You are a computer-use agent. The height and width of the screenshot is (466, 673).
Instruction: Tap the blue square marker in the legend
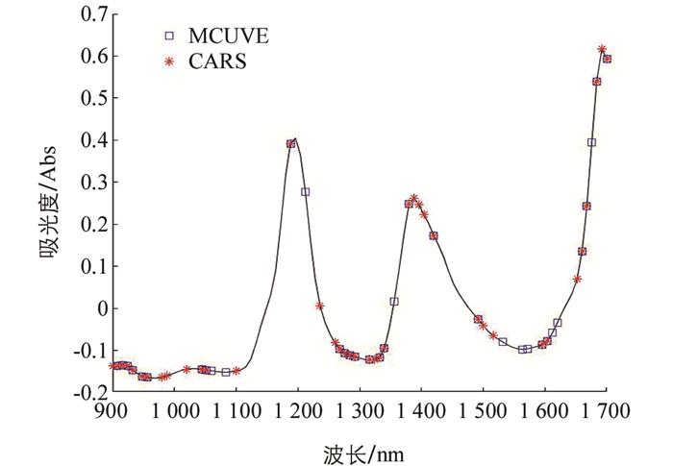(169, 37)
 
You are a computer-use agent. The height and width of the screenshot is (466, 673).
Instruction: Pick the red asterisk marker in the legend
(169, 61)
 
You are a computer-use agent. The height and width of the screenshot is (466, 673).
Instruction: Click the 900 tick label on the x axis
(112, 411)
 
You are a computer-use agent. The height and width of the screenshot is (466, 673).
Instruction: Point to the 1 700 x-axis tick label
(608, 411)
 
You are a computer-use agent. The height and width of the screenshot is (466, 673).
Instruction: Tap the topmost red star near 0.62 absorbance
(602, 49)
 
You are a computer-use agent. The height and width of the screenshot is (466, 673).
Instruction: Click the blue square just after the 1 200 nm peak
(305, 192)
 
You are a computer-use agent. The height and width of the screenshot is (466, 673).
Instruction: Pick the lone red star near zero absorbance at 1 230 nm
(319, 306)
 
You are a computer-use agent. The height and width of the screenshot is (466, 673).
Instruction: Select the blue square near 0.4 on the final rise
(591, 142)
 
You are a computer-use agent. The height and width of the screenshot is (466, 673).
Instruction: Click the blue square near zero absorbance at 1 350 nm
(394, 302)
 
